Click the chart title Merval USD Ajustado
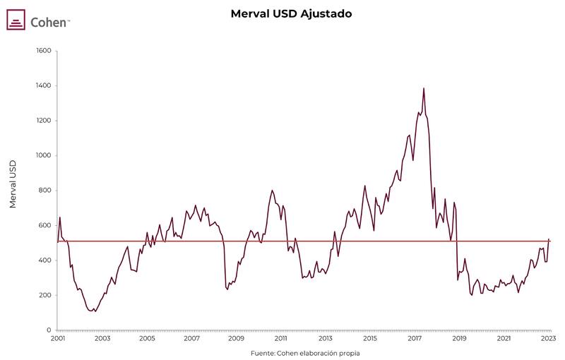291,13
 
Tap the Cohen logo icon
16,20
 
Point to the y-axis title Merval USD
13,184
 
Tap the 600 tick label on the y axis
44,225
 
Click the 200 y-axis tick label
44,295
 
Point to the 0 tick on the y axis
49,330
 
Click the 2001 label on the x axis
58,340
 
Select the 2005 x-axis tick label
147,340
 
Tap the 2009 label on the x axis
236,340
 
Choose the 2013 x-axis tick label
326,340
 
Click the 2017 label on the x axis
415,340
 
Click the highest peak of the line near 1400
424,88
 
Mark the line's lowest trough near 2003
95,311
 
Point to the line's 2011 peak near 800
273,190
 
